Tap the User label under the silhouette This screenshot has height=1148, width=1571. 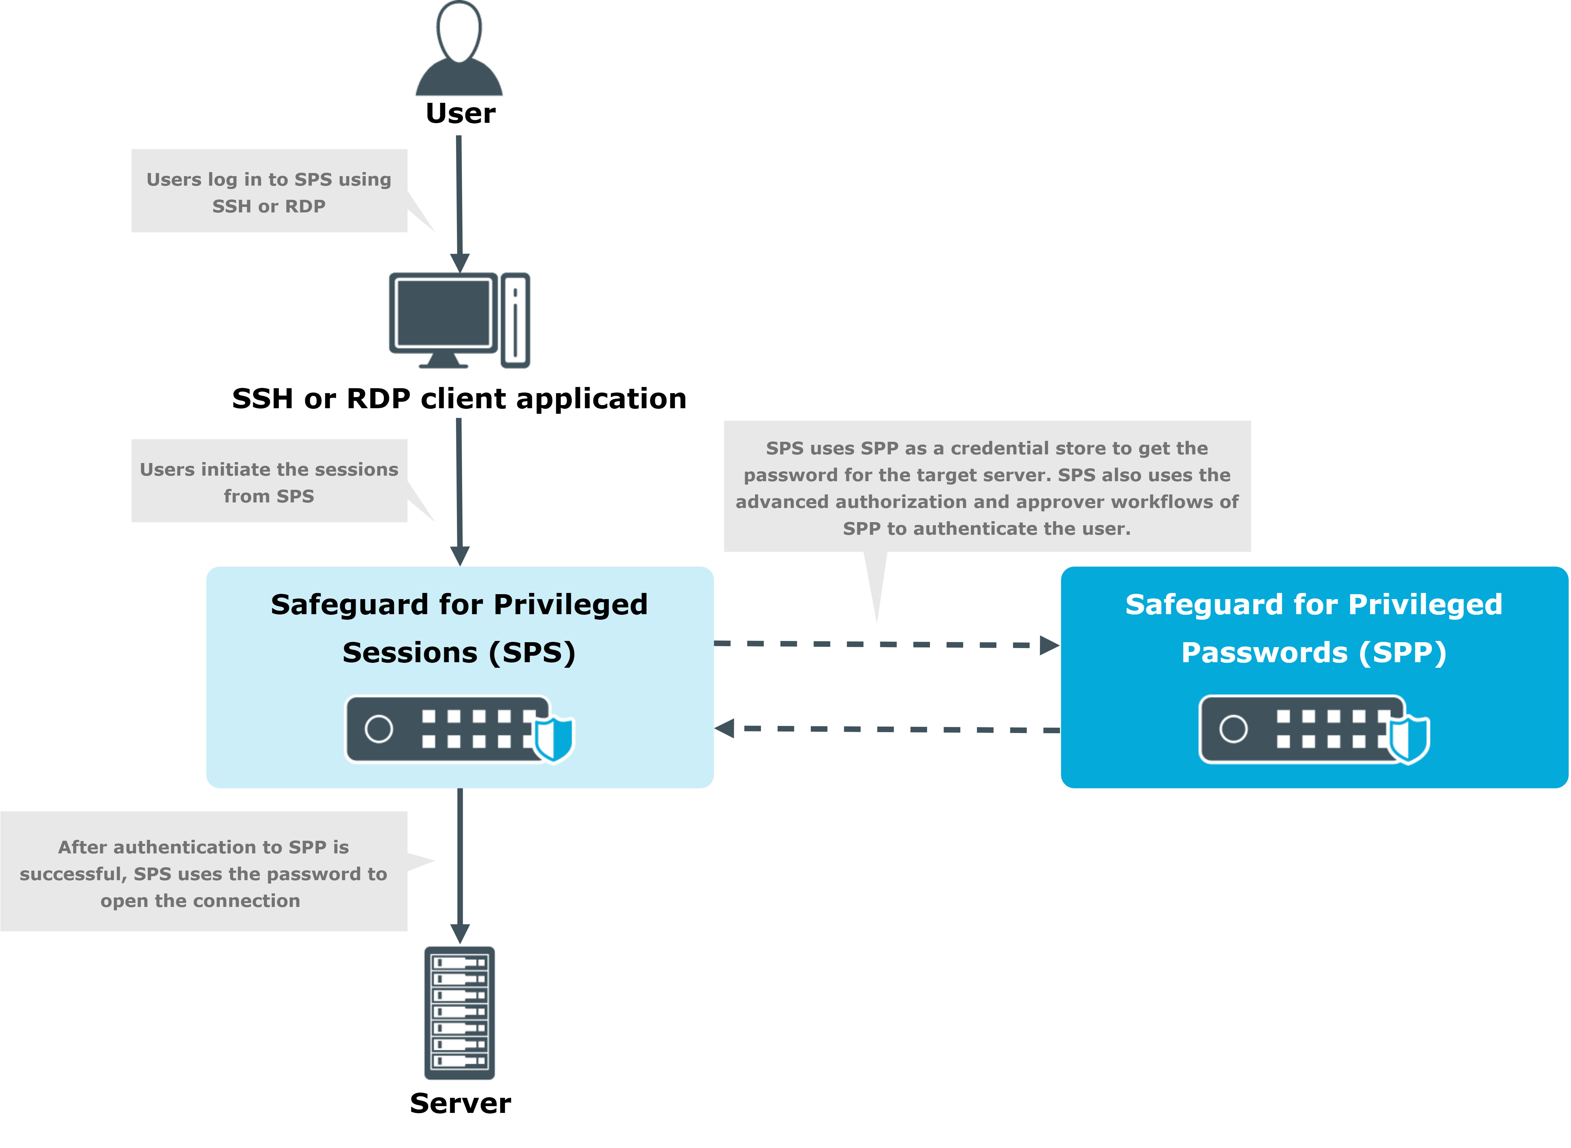(461, 113)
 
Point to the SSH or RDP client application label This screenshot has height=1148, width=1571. (459, 399)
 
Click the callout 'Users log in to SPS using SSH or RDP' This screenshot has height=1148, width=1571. (269, 192)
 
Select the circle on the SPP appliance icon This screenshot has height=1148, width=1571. (1233, 729)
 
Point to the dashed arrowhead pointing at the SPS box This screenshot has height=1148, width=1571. (725, 728)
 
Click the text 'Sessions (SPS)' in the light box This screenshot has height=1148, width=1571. (459, 653)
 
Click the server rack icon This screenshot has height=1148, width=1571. (460, 1013)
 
